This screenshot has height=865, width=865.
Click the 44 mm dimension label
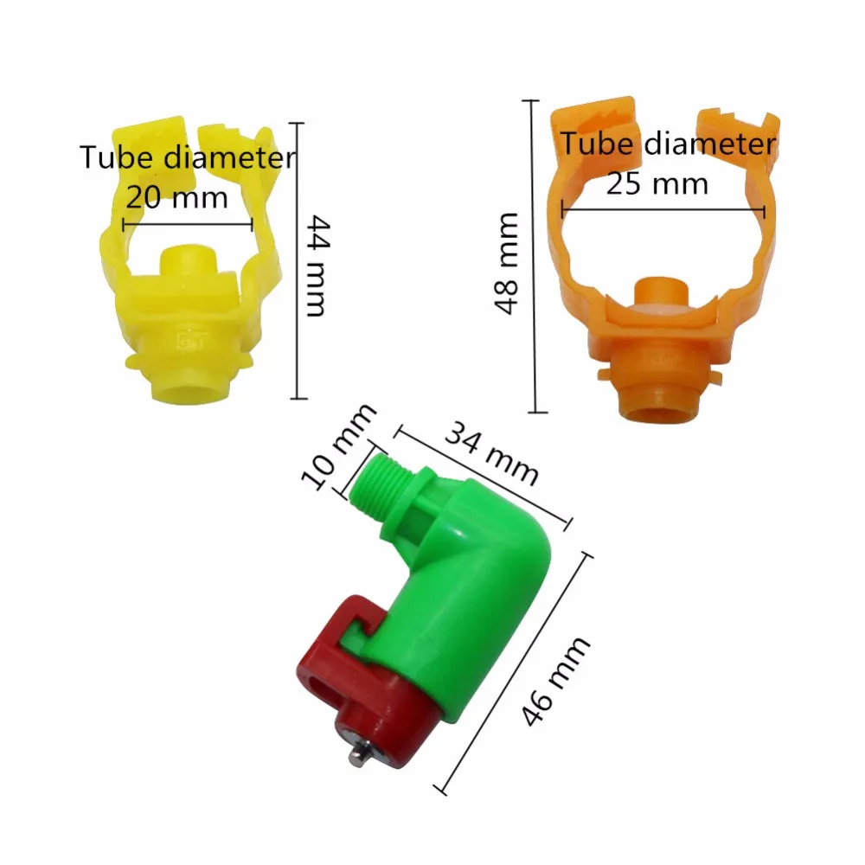pos(318,266)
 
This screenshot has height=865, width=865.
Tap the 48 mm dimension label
pos(506,264)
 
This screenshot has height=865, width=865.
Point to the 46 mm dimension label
pos(555,681)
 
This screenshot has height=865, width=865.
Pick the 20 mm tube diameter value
pos(177,197)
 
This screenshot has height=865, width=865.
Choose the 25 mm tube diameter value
pos(657,183)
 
